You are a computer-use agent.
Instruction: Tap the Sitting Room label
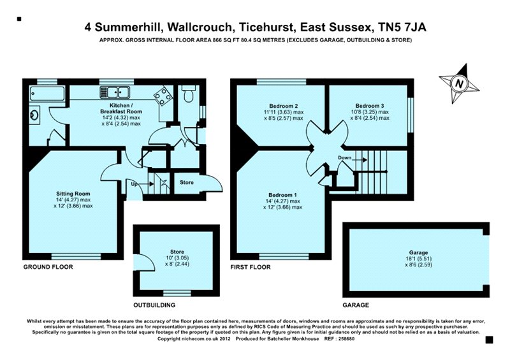[73, 192]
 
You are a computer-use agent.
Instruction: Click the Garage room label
[418, 253]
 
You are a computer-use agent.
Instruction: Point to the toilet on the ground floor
[187, 96]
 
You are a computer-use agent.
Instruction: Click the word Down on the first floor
[344, 158]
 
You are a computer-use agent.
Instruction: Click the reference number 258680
[360, 339]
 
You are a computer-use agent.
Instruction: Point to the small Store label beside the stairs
[186, 183]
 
